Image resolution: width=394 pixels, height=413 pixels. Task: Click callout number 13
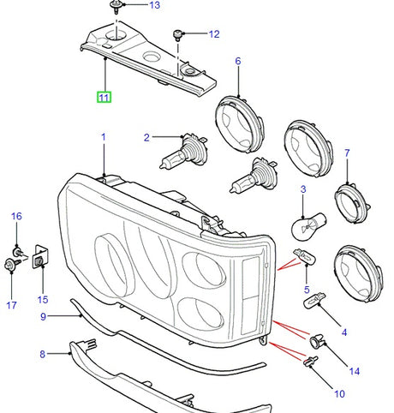pyautogui.click(x=154, y=6)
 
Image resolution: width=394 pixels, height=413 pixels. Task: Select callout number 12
pyautogui.click(x=214, y=34)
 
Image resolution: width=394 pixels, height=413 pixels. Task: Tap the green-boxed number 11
pyautogui.click(x=104, y=97)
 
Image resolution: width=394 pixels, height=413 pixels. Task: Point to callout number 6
pyautogui.click(x=238, y=61)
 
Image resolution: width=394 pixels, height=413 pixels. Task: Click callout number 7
pyautogui.click(x=348, y=153)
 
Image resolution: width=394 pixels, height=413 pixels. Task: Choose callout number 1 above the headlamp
pyautogui.click(x=104, y=137)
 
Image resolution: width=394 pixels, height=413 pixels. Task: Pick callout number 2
pyautogui.click(x=147, y=137)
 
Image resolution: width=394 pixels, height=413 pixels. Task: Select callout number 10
pyautogui.click(x=339, y=394)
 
